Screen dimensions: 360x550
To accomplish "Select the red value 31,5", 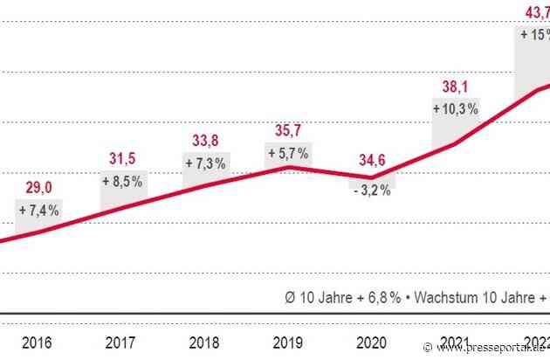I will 120,157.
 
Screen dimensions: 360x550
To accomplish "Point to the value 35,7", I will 287,130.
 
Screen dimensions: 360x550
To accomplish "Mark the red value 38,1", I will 455,87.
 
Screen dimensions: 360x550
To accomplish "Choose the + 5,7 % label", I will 287,152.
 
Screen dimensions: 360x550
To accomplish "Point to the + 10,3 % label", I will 455,108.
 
